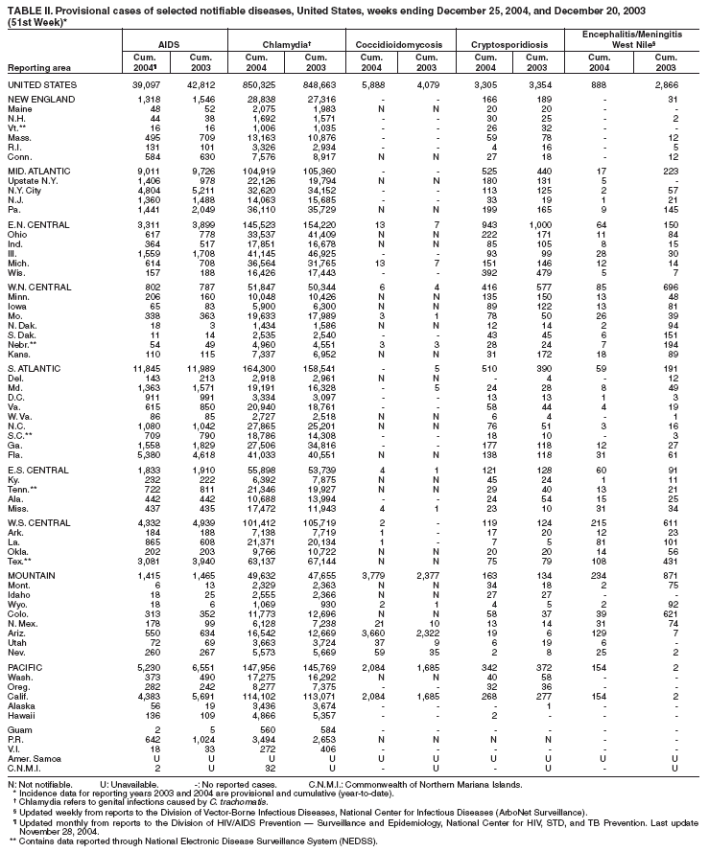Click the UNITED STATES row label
[38, 84]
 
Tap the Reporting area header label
[36, 68]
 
